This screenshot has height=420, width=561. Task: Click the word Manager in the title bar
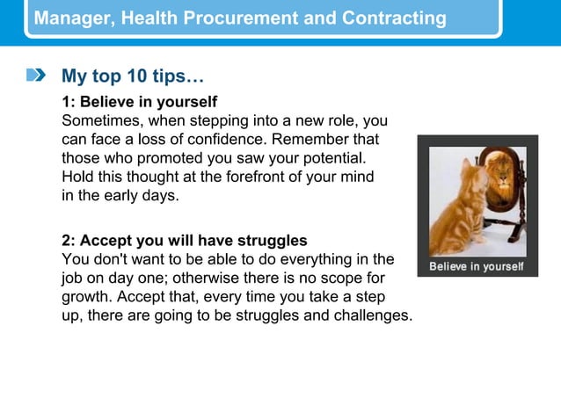click(x=69, y=18)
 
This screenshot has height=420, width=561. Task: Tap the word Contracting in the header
click(x=397, y=18)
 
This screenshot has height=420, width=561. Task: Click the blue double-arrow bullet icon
click(x=36, y=76)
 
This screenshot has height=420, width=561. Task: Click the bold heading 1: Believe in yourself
click(x=139, y=102)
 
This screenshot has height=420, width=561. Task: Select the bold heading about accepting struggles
click(x=184, y=240)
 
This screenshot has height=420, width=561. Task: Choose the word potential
click(x=335, y=158)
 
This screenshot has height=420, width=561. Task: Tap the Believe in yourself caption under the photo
click(x=476, y=266)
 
